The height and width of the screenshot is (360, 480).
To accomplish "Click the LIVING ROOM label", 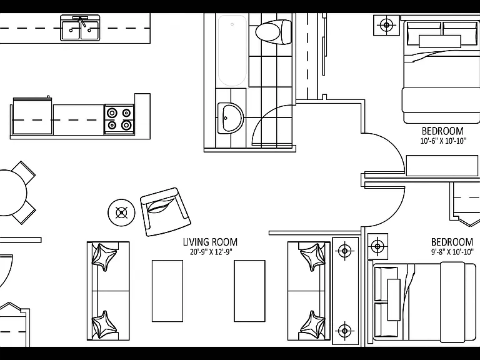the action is coord(210,242).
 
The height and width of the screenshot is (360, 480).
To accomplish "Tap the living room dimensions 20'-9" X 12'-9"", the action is coord(211,252).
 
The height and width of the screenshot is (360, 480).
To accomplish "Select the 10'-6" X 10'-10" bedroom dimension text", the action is coord(443,141).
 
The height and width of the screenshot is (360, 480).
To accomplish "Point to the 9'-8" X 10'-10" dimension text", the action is coord(452,252).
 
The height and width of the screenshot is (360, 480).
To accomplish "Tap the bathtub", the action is coord(232,51).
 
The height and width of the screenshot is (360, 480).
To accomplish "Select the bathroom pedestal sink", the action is coord(230,118).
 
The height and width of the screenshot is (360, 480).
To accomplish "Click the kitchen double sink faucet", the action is coord(81,21).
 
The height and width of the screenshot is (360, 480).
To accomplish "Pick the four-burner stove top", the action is coord(119,119).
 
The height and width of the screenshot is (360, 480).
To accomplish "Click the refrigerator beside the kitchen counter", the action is coord(32,116).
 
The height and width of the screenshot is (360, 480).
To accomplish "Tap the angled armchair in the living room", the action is coord(165,212).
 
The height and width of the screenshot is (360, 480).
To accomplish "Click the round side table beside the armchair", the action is coord(121,212).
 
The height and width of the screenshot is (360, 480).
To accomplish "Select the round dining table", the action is coord(12,193).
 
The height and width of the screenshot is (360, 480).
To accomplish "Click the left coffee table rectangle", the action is coord(167,291).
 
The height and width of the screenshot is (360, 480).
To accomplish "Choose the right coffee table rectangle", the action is coord(249,291).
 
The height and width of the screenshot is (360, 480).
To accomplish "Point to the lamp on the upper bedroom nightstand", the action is coord(386,25).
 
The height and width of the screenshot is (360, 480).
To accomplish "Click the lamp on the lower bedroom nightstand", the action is coord(377,246).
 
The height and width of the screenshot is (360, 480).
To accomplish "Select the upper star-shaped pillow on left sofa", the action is coord(104,256).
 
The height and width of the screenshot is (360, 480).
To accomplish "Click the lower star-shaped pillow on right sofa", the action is coord(312,325).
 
